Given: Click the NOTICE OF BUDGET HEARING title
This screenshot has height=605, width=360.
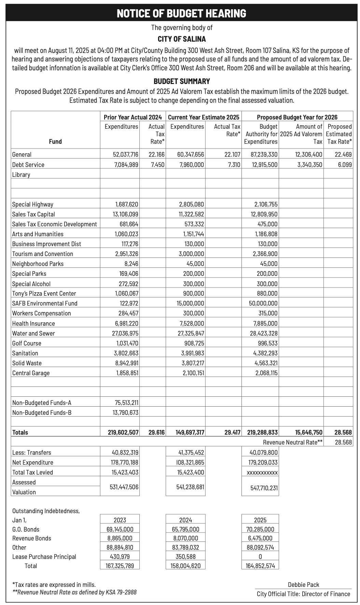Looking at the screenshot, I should pyautogui.click(x=181, y=13).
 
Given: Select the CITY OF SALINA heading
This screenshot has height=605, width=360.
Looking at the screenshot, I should pyautogui.click(x=182, y=39).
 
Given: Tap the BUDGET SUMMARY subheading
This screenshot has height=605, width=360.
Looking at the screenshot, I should pyautogui.click(x=182, y=81).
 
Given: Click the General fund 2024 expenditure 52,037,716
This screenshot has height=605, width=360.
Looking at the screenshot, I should pyautogui.click(x=125, y=155).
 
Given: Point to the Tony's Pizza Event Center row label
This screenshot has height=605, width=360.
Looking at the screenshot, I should pyautogui.click(x=44, y=294).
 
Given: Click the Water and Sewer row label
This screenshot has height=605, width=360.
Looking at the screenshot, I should pyautogui.click(x=33, y=334).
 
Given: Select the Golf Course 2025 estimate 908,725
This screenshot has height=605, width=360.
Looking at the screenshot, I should pyautogui.click(x=194, y=343).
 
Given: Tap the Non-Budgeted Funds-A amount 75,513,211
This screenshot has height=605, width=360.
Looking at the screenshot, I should pyautogui.click(x=125, y=403).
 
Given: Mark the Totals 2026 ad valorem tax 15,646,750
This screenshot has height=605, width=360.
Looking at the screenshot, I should pyautogui.click(x=309, y=433).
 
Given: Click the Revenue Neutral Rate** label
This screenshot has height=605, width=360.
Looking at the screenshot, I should pyautogui.click(x=293, y=442).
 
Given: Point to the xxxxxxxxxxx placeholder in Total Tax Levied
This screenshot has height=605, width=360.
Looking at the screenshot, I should pyautogui.click(x=261, y=473).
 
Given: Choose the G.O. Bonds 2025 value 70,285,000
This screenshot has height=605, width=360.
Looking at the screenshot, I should pyautogui.click(x=260, y=530).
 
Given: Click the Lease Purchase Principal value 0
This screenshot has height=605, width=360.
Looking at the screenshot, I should pyautogui.click(x=260, y=557).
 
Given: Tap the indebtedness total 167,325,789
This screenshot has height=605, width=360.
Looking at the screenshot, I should pyautogui.click(x=120, y=566).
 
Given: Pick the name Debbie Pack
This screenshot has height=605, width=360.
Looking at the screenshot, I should pyautogui.click(x=303, y=585).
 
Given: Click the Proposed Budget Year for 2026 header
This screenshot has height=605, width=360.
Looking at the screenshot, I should pyautogui.click(x=297, y=117).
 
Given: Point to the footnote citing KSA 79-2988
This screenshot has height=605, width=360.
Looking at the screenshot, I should pyautogui.click(x=74, y=592).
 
